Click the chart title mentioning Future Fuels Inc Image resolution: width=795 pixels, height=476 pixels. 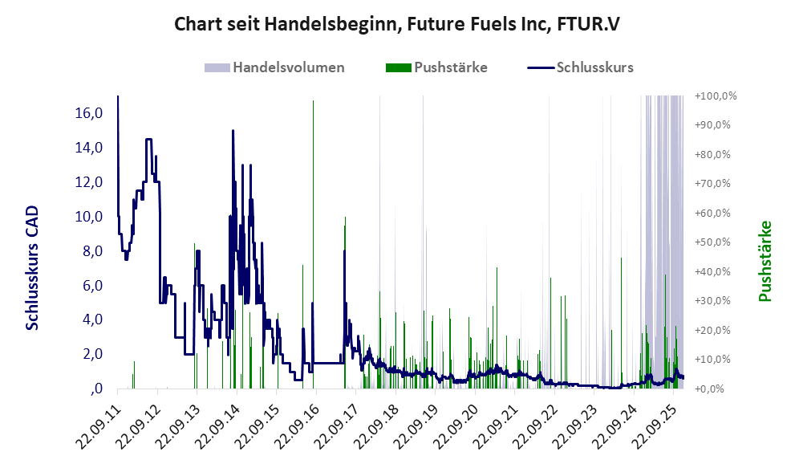point(396,25)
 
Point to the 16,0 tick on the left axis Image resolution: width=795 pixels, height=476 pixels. point(89,113)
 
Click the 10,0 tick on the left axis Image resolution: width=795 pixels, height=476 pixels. point(89,217)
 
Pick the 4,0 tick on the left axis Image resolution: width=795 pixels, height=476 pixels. point(91,319)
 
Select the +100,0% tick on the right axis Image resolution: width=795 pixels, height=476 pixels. point(716,96)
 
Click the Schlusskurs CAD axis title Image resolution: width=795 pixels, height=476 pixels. point(32,268)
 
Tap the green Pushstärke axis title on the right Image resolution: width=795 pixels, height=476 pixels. point(764,262)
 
